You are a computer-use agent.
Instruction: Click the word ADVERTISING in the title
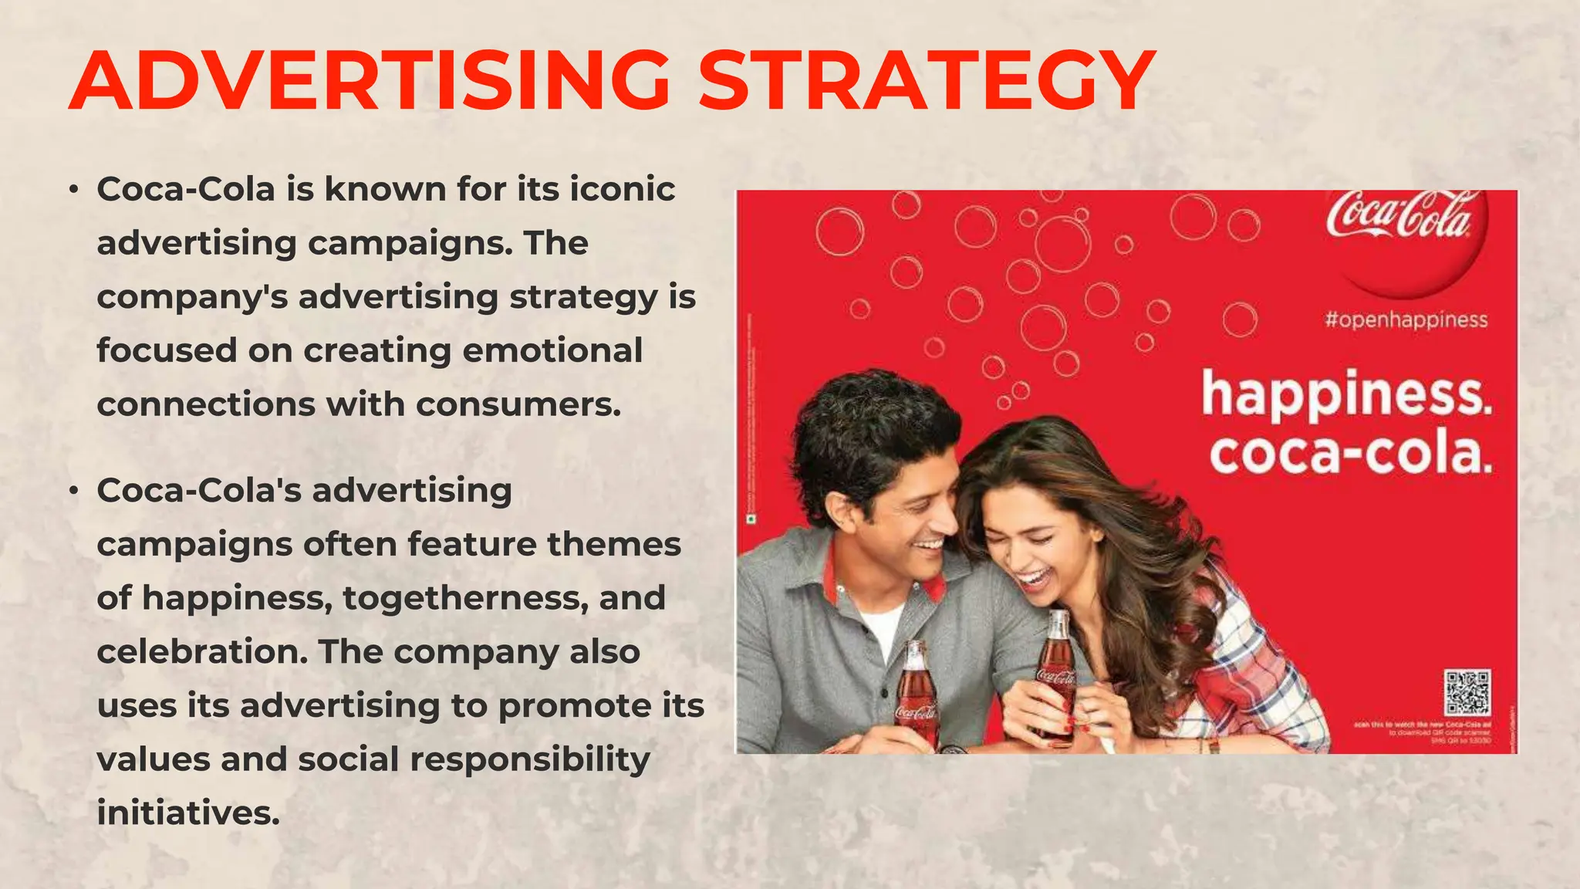[x=370, y=81]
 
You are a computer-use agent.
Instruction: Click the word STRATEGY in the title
[x=926, y=81]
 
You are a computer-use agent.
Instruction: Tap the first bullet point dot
[x=73, y=189]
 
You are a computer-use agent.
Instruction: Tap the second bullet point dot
[x=73, y=491]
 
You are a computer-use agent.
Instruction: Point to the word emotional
[x=552, y=350]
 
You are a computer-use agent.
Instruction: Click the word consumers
[x=518, y=404]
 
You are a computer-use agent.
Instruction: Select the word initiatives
[x=187, y=813]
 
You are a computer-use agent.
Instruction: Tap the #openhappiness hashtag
[x=1406, y=319]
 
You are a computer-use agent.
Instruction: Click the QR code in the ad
[x=1467, y=692]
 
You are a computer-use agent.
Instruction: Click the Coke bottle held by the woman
[x=1055, y=671]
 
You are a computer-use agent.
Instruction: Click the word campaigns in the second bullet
[x=194, y=545]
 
